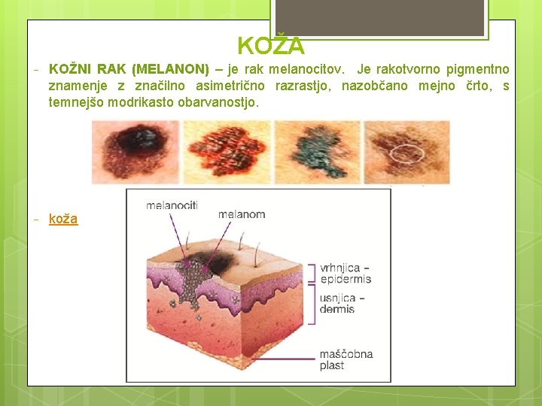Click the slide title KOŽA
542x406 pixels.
point(271,47)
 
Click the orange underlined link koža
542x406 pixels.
point(63,219)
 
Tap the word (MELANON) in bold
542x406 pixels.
point(170,69)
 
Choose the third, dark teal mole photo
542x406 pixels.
point(316,152)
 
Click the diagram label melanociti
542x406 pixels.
point(172,205)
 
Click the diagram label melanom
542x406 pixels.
point(242,214)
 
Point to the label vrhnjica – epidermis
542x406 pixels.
point(345,274)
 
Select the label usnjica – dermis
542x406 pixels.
point(342,304)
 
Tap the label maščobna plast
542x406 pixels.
point(346,359)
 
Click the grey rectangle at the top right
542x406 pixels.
point(379,17)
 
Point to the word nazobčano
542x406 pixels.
point(374,86)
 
